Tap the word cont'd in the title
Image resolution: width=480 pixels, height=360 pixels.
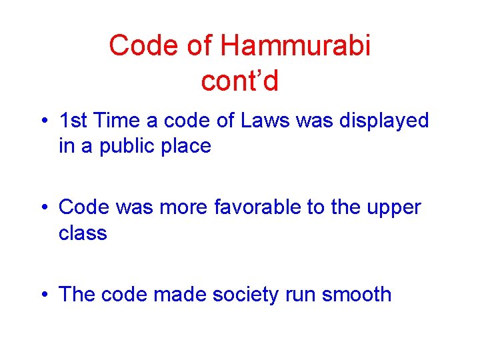click(239, 81)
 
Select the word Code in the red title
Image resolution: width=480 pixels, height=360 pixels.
click(138, 46)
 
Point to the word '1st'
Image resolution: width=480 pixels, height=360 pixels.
click(74, 121)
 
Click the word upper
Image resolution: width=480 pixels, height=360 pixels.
click(393, 209)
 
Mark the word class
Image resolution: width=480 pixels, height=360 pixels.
click(83, 233)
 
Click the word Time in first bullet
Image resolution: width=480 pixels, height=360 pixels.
click(117, 121)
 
